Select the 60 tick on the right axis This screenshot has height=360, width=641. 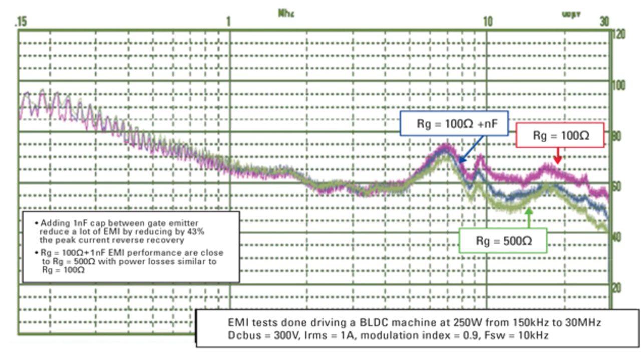tap(617, 187)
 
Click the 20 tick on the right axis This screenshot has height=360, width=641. tap(617, 288)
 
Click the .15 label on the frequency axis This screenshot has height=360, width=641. tap(21, 22)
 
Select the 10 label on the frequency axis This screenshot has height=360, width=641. tap(487, 22)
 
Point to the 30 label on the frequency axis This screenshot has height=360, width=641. tap(604, 22)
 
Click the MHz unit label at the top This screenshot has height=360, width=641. tap(286, 13)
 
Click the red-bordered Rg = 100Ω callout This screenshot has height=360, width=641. tap(560, 136)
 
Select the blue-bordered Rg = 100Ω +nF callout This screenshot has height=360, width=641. tap(454, 124)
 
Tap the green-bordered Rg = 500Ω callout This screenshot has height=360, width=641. tap(504, 241)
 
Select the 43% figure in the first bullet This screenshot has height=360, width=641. tap(197, 232)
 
